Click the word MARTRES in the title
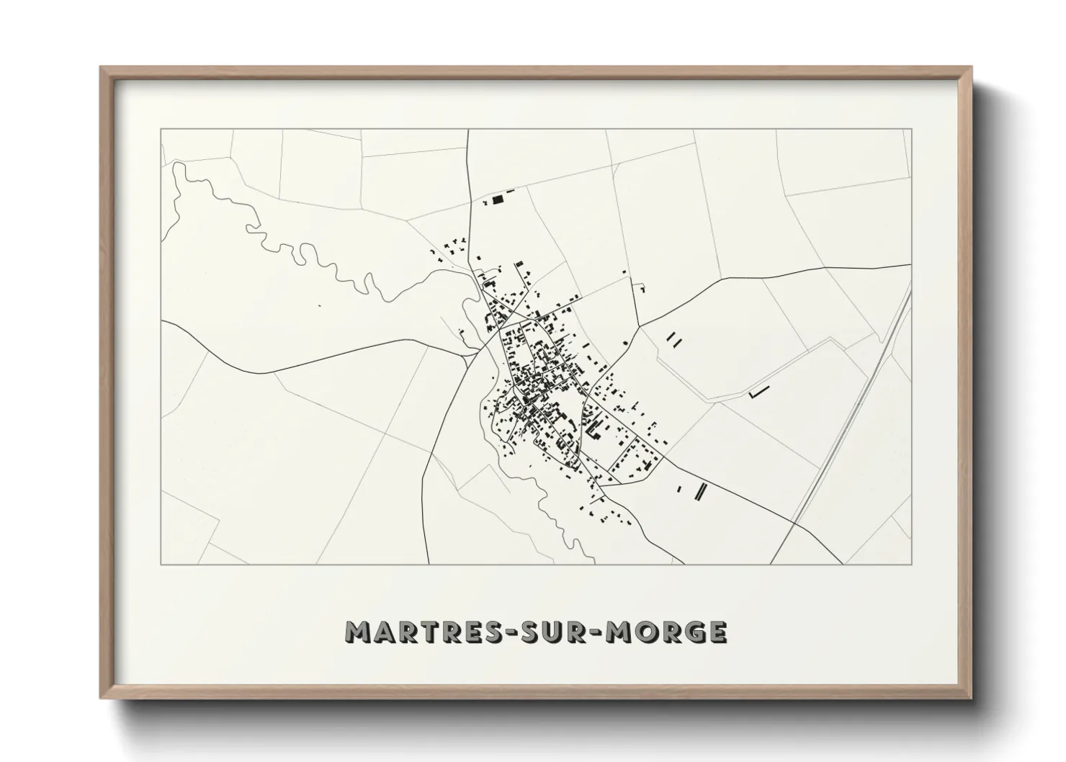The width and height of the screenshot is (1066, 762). pos(418,632)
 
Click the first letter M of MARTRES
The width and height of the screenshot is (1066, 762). pos(358,632)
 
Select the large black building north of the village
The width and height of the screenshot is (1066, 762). pos(497,200)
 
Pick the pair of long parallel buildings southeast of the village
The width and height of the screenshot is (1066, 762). pos(700,491)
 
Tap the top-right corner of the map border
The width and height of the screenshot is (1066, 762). pos(911,129)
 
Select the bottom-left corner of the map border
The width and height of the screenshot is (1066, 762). pos(161,564)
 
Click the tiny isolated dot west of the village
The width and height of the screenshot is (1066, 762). pos(318,306)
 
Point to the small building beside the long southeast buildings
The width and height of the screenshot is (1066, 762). pos(678,490)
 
